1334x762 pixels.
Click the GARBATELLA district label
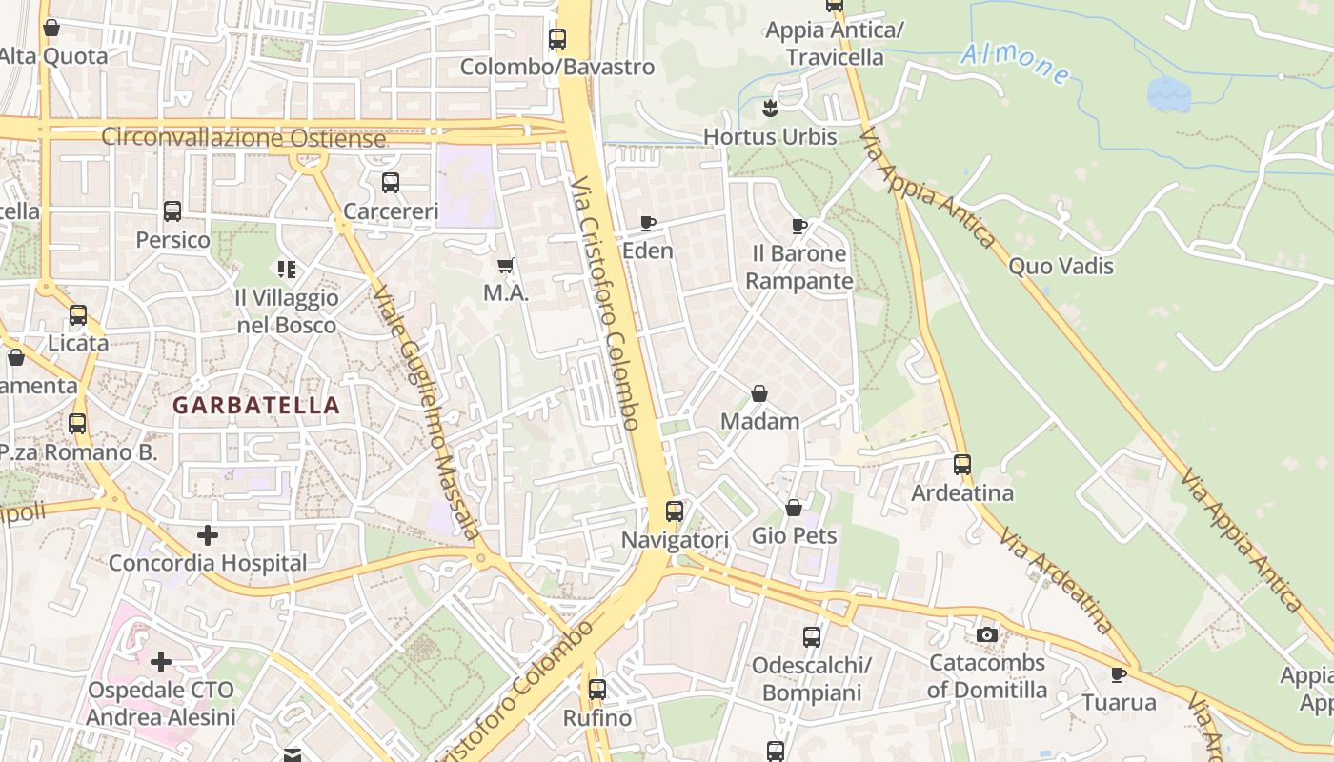click(x=255, y=405)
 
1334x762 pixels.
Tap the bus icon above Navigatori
click(x=675, y=511)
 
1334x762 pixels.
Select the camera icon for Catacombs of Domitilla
click(x=987, y=634)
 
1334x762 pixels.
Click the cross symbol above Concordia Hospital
click(x=208, y=535)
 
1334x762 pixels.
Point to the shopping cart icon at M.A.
click(x=506, y=266)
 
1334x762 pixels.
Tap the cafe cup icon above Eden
click(x=648, y=224)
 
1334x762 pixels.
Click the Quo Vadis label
click(x=1061, y=266)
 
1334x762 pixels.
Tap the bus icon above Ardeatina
click(x=962, y=465)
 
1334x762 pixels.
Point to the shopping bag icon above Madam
click(x=759, y=393)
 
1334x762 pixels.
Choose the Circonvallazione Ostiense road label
click(x=244, y=138)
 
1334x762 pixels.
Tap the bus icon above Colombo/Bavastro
click(x=557, y=39)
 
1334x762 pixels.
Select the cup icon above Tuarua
click(x=1119, y=675)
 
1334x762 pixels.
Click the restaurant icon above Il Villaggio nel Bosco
click(x=286, y=271)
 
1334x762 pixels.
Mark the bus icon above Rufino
click(x=597, y=689)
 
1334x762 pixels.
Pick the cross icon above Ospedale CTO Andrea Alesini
click(x=161, y=661)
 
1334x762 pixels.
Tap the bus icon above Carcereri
click(x=391, y=183)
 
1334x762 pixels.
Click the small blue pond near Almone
click(x=1168, y=94)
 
